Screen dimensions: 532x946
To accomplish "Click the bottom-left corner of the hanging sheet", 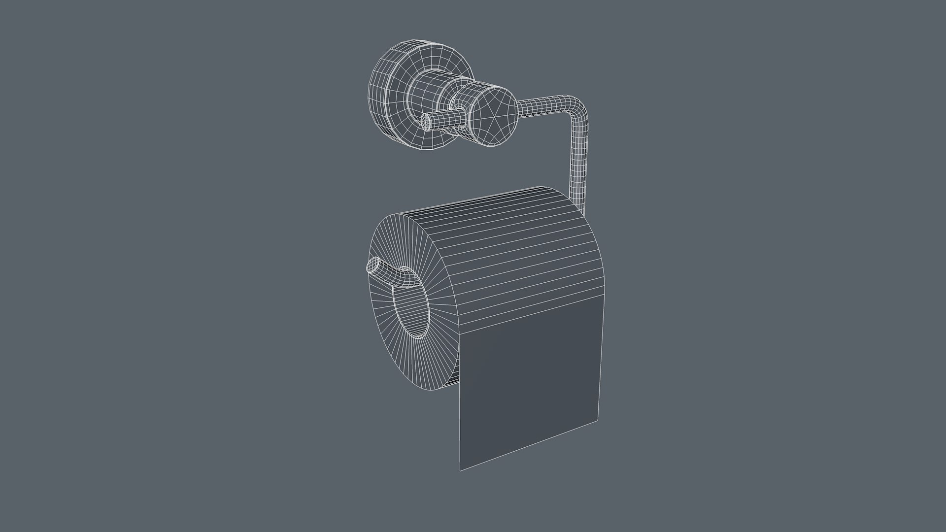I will coord(460,470).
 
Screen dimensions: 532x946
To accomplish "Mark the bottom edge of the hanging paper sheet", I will coord(530,446).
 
